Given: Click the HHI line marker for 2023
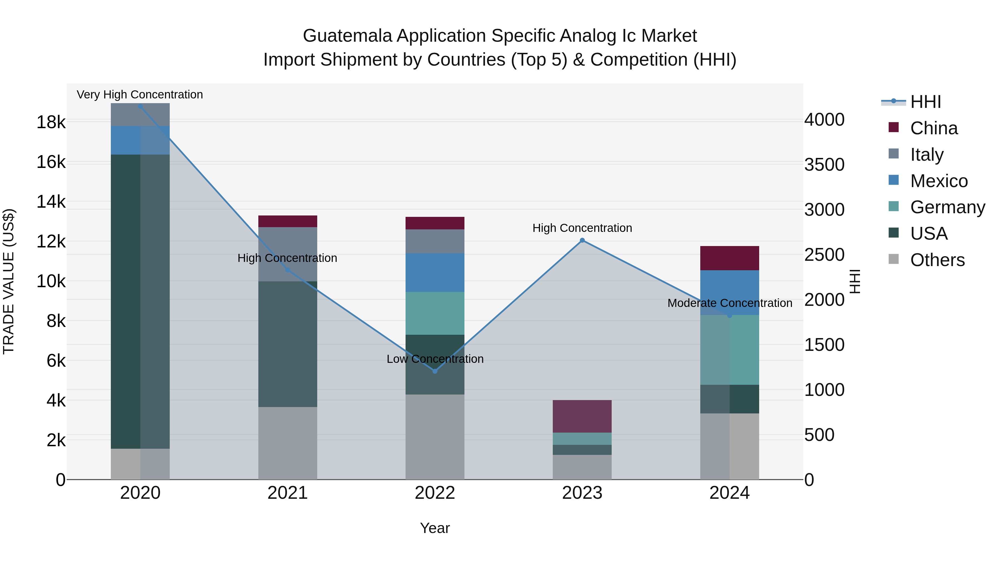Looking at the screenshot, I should [x=582, y=240].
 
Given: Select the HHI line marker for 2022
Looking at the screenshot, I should [x=435, y=371].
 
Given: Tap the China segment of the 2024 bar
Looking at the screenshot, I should [x=729, y=258].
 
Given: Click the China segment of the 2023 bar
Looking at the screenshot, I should [x=582, y=416].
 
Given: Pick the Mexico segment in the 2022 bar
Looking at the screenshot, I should [x=435, y=272].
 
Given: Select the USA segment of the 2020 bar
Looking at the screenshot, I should [x=140, y=301].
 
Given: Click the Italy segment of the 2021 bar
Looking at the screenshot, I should [x=288, y=254].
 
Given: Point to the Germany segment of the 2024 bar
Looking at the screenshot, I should [x=729, y=350].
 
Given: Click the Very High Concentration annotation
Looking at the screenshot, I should [x=140, y=95].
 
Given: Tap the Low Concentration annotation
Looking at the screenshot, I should [x=435, y=359].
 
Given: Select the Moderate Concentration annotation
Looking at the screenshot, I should [x=729, y=303].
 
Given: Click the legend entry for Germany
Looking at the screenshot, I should [x=947, y=207].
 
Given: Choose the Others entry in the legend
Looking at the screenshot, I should [x=937, y=260].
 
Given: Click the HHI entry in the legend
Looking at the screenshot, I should [x=926, y=102].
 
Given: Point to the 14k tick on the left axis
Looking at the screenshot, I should [x=51, y=202].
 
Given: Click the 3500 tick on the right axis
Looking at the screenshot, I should [x=824, y=165].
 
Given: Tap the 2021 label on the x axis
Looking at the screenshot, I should [x=288, y=493].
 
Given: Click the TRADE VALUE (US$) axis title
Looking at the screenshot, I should [x=9, y=281].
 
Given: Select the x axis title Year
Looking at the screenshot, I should [x=435, y=528].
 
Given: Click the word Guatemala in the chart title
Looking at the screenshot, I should [x=347, y=36].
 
